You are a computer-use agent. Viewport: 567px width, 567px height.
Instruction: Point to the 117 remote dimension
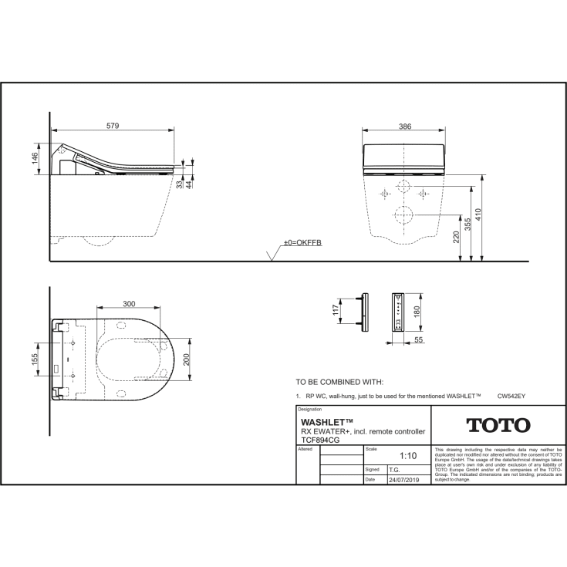click(335, 312)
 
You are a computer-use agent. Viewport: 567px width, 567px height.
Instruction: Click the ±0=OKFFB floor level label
click(302, 242)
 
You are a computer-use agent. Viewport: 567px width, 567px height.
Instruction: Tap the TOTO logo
click(498, 425)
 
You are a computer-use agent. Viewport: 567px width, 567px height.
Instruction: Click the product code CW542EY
click(511, 395)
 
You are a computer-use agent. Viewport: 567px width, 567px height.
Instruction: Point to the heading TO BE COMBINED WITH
click(339, 381)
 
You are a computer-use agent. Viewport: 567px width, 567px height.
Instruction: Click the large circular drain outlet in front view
click(403, 214)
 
